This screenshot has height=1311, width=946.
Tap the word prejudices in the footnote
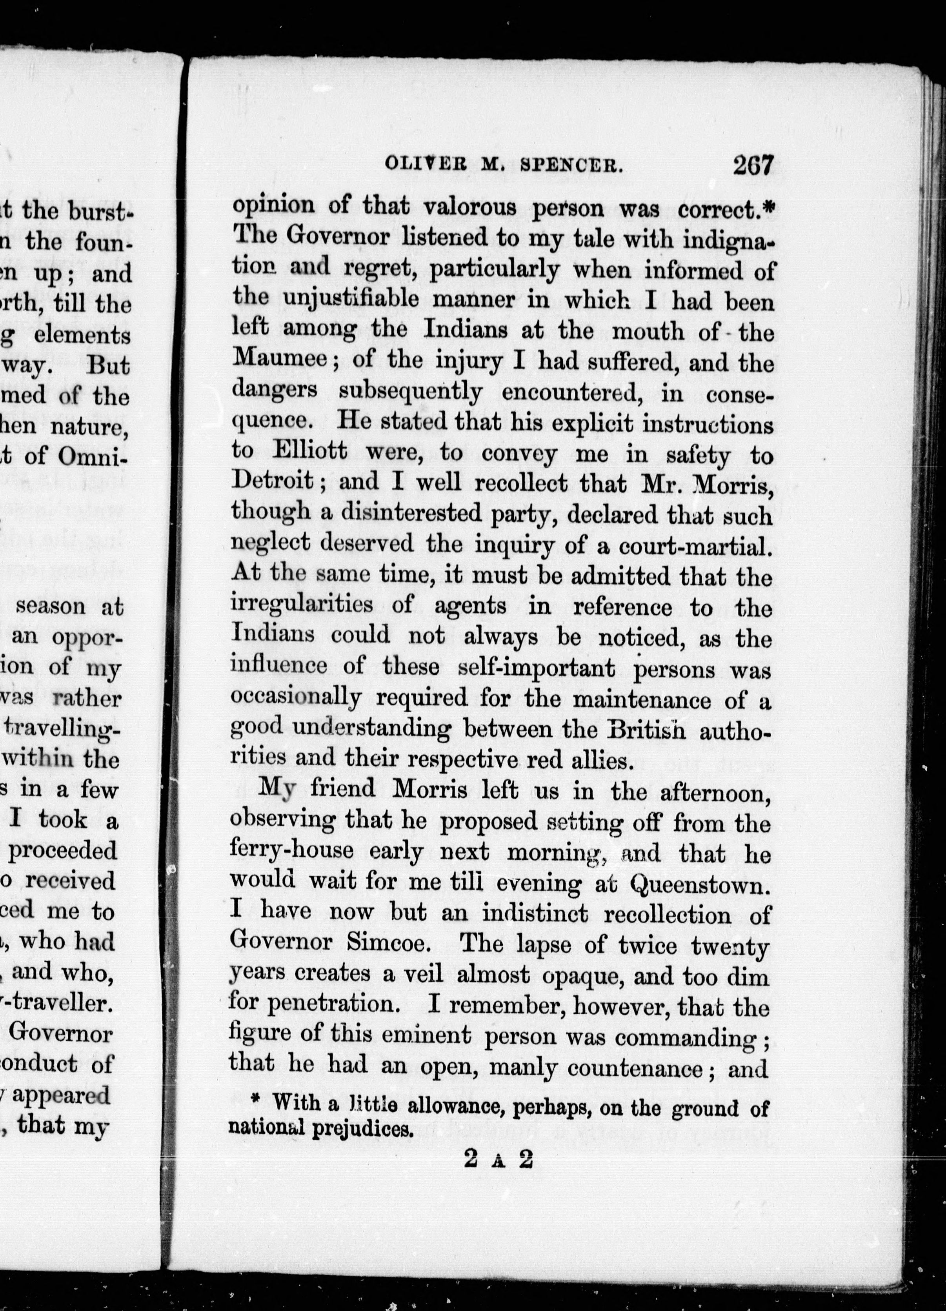point(362,1127)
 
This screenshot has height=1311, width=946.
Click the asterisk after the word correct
point(768,209)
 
